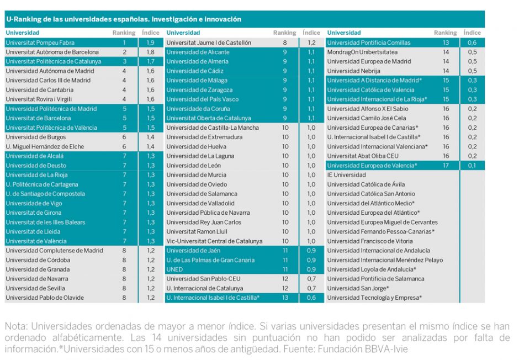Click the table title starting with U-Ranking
click(124, 19)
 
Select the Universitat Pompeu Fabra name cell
click(40, 43)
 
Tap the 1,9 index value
click(150, 43)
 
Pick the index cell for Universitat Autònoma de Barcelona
click(150, 52)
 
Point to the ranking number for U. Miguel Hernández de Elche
click(124, 146)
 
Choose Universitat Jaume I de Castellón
click(209, 43)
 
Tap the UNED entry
click(174, 269)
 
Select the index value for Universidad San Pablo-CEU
click(311, 279)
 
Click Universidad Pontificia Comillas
click(369, 43)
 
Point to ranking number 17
click(446, 165)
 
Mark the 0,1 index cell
click(472, 165)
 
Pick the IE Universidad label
click(346, 175)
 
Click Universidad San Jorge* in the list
click(358, 288)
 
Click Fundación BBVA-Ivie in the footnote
click(375, 349)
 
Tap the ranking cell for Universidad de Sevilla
click(124, 288)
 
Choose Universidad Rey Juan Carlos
click(204, 222)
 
